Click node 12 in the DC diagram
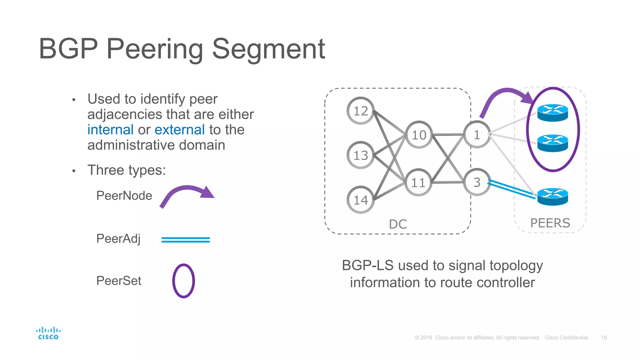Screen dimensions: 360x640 (361, 111)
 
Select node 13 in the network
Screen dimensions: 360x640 (361, 155)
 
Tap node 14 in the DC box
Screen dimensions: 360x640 (361, 200)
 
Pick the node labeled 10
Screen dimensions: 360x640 (419, 135)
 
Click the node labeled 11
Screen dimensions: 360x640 (418, 182)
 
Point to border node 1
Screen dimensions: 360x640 (477, 135)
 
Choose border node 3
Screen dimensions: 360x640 (477, 182)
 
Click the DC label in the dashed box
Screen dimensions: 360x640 (398, 224)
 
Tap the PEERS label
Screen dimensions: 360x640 (550, 223)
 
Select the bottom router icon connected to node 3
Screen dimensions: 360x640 (552, 197)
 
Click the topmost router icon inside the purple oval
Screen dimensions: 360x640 (552, 113)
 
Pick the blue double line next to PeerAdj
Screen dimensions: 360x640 (186, 240)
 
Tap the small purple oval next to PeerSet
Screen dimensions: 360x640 (184, 281)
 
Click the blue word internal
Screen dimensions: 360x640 (110, 130)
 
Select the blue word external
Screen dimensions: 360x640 (180, 130)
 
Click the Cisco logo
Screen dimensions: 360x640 (48, 333)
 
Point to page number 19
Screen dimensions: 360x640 (604, 337)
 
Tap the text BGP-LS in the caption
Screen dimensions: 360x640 (367, 266)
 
